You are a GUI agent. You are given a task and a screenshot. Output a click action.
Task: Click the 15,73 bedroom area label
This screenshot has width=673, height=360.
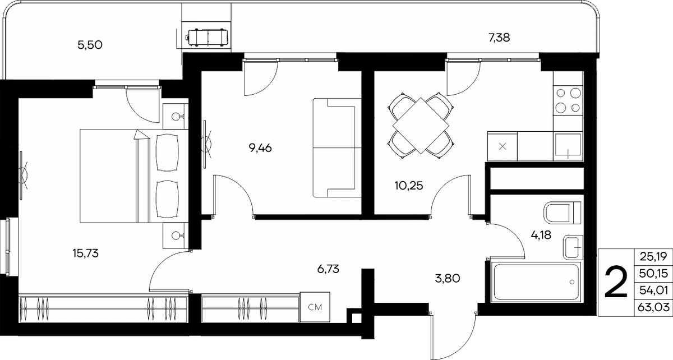coord(86,253)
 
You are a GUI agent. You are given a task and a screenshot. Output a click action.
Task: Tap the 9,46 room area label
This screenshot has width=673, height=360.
coord(260,148)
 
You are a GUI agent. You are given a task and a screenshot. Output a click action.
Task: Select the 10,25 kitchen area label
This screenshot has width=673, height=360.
coord(409,186)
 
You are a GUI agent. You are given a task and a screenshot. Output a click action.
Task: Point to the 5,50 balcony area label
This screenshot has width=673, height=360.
coord(90,45)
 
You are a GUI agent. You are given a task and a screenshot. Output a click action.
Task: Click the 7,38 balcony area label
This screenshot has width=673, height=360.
coord(499,38)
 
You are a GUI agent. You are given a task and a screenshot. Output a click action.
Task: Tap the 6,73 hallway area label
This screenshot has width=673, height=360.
coord(328,269)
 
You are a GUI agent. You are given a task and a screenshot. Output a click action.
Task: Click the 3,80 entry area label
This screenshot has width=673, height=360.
coord(448,279)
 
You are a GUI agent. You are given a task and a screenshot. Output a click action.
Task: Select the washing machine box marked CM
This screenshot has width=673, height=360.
coord(315,307)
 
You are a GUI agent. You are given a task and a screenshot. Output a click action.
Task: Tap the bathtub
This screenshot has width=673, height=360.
coord(536,282)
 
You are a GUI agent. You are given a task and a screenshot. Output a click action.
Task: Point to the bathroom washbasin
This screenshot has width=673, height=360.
coord(573,247)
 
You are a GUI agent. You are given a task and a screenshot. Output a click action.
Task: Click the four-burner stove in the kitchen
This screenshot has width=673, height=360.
coord(568,100)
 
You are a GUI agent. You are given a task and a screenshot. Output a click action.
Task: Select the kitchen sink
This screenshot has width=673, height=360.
coord(568,146)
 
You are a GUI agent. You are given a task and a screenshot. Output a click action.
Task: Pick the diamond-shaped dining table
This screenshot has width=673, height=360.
coord(421,126)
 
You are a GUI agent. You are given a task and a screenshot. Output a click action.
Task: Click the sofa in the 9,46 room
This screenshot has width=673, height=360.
coord(337,147)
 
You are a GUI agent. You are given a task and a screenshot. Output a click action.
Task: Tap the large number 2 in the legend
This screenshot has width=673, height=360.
coord(616,283)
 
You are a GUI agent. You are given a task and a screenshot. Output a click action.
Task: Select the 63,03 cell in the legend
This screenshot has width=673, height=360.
coord(653,307)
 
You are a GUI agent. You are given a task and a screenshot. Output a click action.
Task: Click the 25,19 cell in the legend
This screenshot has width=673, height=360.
coord(653,256)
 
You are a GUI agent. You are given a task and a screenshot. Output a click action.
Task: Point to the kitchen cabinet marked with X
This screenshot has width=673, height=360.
coord(503,146)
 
